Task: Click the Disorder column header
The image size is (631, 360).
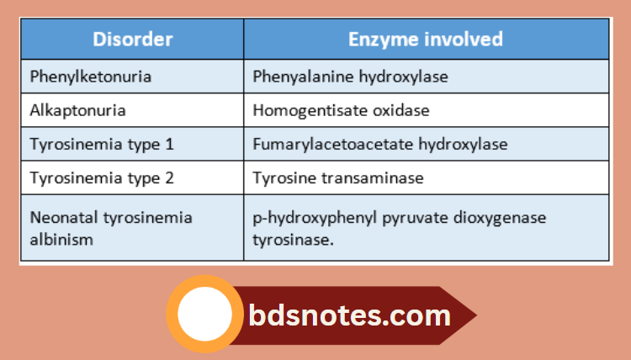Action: click(132, 40)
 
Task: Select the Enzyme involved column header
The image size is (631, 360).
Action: click(426, 40)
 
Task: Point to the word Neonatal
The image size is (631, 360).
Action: click(61, 218)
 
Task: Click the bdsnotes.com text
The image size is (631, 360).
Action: click(349, 315)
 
